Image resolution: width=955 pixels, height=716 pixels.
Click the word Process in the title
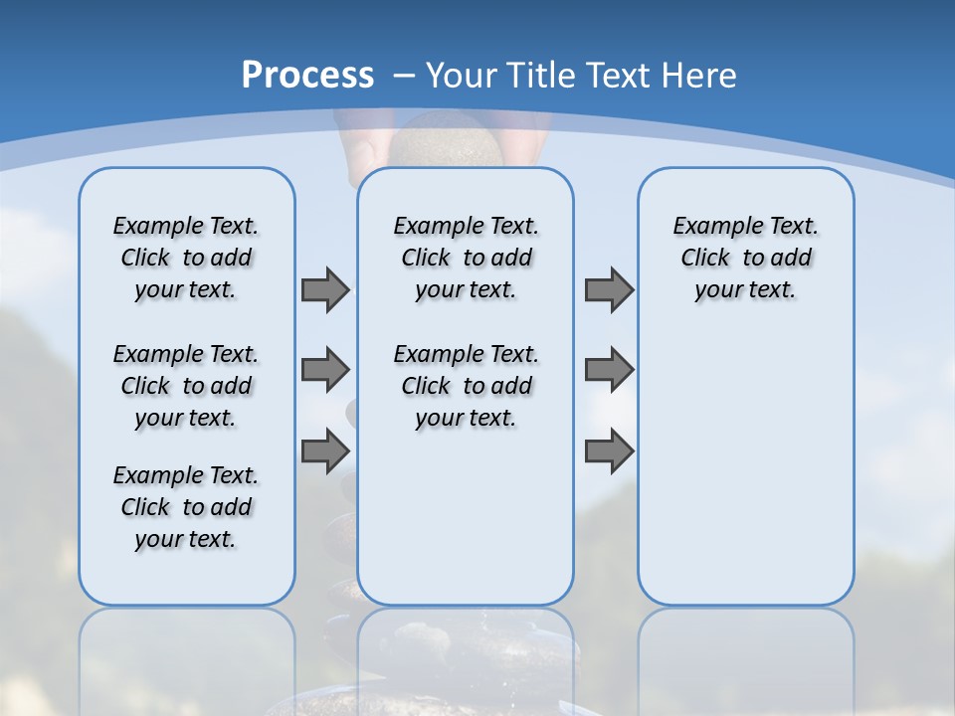pyautogui.click(x=307, y=76)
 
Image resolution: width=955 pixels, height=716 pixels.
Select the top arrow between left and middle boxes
pyautogui.click(x=325, y=290)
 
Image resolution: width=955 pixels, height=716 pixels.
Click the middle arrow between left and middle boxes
pyautogui.click(x=325, y=370)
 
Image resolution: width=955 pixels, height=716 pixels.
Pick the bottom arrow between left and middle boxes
pyautogui.click(x=325, y=451)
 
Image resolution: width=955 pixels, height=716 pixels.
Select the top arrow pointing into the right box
pyautogui.click(x=609, y=290)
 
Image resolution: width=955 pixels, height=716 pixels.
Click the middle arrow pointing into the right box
pyautogui.click(x=609, y=370)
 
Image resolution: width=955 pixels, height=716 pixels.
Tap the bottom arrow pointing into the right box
pyautogui.click(x=609, y=451)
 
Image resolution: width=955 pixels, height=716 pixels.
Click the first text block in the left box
pyautogui.click(x=186, y=258)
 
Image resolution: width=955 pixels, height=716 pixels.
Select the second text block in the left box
pyautogui.click(x=186, y=386)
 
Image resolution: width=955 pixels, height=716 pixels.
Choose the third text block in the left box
pyautogui.click(x=186, y=507)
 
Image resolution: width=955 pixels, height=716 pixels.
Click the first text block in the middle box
pyautogui.click(x=466, y=258)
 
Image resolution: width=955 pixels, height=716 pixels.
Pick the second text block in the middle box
pyautogui.click(x=466, y=386)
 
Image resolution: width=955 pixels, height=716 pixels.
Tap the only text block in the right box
pyautogui.click(x=745, y=258)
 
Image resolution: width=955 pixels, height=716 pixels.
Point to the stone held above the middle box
pyautogui.click(x=445, y=140)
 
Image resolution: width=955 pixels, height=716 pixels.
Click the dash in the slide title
pyautogui.click(x=404, y=76)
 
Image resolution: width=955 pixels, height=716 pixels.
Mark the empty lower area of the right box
pyautogui.click(x=745, y=467)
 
